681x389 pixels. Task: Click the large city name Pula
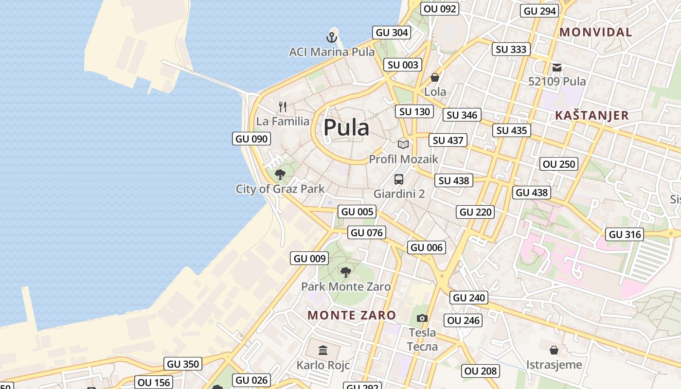pyautogui.click(x=346, y=127)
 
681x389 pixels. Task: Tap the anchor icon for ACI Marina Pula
pyautogui.click(x=331, y=37)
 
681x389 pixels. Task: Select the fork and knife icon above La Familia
pyautogui.click(x=283, y=106)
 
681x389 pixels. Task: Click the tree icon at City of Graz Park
pyautogui.click(x=280, y=175)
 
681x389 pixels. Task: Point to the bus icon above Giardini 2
pyautogui.click(x=399, y=179)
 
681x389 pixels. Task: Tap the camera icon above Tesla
pyautogui.click(x=422, y=318)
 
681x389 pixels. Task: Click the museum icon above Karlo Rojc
pyautogui.click(x=323, y=350)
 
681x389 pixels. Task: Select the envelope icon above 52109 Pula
pyautogui.click(x=557, y=67)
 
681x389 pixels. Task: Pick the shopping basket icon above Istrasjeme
pyautogui.click(x=554, y=350)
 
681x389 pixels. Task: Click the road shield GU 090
pyautogui.click(x=251, y=139)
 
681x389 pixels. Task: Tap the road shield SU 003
pyautogui.click(x=403, y=65)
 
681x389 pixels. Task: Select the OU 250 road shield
pyautogui.click(x=559, y=164)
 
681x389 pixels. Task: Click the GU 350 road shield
pyautogui.click(x=183, y=364)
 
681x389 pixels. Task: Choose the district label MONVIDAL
pyautogui.click(x=596, y=33)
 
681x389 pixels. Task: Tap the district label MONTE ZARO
pyautogui.click(x=352, y=315)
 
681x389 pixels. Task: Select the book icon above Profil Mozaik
pyautogui.click(x=403, y=144)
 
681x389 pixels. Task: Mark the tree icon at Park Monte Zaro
pyautogui.click(x=346, y=272)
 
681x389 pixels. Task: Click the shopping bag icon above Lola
pyautogui.click(x=435, y=77)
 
